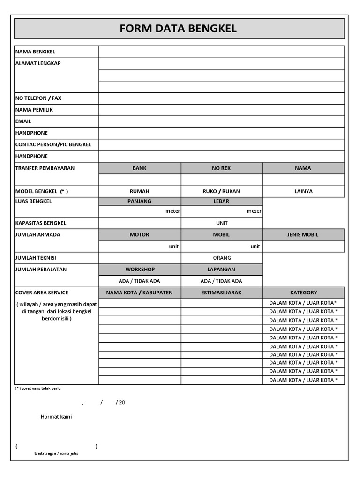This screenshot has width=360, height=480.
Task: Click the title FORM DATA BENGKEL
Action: (x=178, y=29)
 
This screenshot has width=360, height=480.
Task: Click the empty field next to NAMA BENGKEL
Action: (x=221, y=52)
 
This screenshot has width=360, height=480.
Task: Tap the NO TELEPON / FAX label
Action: (x=38, y=98)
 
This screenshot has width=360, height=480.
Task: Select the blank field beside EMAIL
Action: (x=221, y=121)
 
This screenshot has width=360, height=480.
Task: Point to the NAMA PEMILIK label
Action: (x=34, y=110)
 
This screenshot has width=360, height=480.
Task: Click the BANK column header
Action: (x=140, y=168)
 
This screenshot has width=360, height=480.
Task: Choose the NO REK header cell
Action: (x=222, y=168)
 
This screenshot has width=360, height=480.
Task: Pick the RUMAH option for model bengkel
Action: (x=140, y=191)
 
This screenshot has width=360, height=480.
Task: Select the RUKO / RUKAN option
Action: (x=222, y=191)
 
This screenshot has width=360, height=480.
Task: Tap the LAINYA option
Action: (x=303, y=191)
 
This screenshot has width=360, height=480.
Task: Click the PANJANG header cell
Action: (x=140, y=202)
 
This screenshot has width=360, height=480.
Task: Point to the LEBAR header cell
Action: (x=222, y=202)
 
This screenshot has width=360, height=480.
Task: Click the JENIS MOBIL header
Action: (x=303, y=234)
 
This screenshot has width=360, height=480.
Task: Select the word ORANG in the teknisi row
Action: (x=222, y=258)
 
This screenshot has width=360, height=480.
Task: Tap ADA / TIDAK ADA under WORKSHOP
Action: (x=140, y=281)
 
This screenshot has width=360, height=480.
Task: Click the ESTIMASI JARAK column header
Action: (x=222, y=292)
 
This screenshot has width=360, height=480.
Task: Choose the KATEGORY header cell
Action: (x=303, y=292)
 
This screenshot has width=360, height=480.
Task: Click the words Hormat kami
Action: (x=56, y=417)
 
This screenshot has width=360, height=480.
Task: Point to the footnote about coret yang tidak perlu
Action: (x=38, y=389)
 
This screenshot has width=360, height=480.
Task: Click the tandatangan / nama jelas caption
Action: (x=56, y=453)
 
